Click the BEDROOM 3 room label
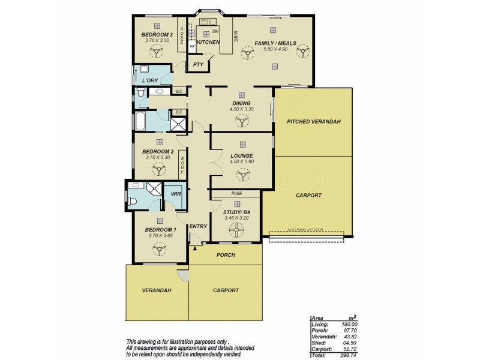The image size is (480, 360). (x=157, y=35)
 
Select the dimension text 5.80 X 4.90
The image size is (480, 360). (x=276, y=49)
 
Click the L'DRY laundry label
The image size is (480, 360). (x=150, y=80)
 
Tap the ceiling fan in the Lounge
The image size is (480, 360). (x=242, y=174)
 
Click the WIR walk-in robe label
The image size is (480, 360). (x=176, y=194)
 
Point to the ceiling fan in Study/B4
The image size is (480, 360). (x=235, y=230)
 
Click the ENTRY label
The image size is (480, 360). (x=198, y=226)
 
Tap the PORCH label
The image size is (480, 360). (x=226, y=254)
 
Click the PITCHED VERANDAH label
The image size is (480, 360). (x=314, y=122)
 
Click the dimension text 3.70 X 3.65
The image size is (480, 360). (x=160, y=236)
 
